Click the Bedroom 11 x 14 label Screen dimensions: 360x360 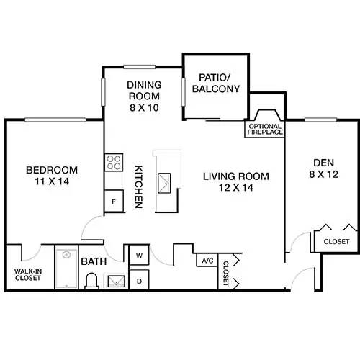pos(51,176)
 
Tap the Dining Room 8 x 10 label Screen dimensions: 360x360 pos(143,95)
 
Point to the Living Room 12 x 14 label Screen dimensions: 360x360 pos(235,182)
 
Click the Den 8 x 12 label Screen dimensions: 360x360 pos(323,168)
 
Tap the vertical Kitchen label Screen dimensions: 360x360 pos(139,186)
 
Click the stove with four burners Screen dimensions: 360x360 pos(114,163)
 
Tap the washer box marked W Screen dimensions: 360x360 pos(138,255)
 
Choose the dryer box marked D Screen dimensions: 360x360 pos(138,279)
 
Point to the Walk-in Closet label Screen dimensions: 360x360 pos(27,274)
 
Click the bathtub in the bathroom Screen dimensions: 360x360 pos(67,268)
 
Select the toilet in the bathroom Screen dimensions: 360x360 pos(92,281)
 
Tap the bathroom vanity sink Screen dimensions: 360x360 pos(114,281)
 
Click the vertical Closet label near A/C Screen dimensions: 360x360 pos(225,274)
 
